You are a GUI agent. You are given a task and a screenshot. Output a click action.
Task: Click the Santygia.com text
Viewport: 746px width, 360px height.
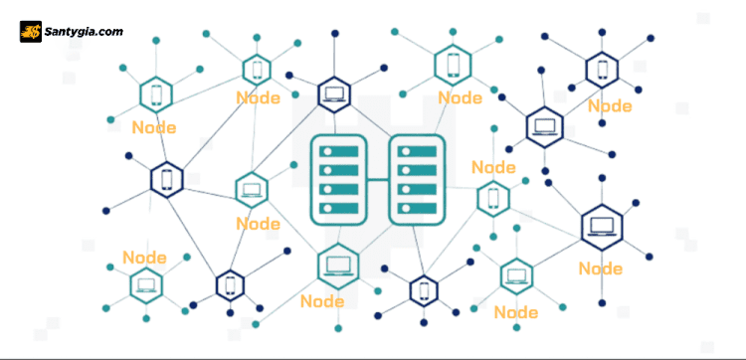coord(85,32)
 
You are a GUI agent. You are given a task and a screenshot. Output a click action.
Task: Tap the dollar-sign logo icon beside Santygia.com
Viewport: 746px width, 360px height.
coord(31,32)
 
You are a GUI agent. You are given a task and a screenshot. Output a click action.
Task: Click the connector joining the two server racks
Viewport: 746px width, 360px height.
coord(378,180)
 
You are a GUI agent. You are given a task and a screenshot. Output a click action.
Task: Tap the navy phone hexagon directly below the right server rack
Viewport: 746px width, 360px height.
coord(424,289)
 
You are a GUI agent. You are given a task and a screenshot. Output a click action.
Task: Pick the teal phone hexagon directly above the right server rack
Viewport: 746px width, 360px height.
coord(453,65)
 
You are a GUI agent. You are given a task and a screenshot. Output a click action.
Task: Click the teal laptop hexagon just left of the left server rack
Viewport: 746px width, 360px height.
coord(251,188)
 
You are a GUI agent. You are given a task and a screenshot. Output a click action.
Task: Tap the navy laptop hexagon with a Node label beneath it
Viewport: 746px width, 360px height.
coord(601,228)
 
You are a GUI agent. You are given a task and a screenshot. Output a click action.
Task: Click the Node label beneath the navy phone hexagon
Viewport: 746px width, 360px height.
coord(609,105)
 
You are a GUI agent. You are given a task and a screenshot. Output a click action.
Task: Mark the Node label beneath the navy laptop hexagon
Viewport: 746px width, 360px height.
coord(601,268)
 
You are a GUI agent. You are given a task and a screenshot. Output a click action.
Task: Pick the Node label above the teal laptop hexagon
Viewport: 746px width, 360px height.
coord(144,258)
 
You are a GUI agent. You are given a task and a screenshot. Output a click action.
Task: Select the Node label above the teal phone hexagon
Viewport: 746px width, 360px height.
coord(493,167)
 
